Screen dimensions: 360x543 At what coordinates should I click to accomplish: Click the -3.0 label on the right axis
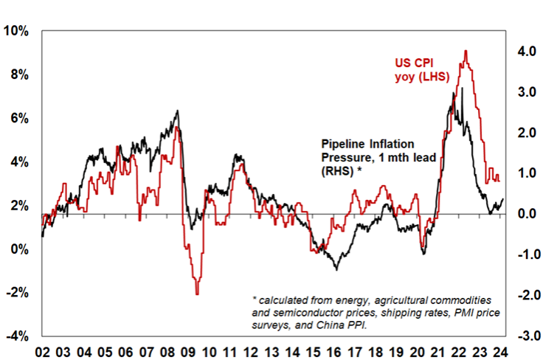[524, 336]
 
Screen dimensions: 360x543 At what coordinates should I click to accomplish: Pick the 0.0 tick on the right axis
[525, 214]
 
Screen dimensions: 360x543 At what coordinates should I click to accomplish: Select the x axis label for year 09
[189, 351]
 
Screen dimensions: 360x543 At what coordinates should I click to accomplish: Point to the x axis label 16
[334, 351]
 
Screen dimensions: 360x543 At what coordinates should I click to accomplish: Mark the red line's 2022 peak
[466, 51]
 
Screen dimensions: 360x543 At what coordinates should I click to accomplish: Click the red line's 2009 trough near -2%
[197, 294]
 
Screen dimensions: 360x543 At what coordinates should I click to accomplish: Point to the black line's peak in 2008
[177, 111]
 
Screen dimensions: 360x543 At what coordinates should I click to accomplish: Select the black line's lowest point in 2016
[337, 269]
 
